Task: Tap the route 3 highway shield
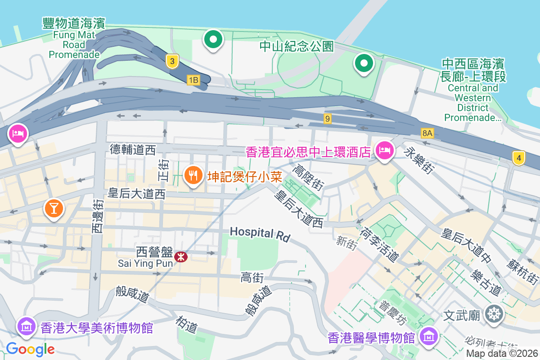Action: pos(171,62)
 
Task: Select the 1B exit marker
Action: pos(193,80)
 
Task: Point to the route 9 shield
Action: pos(328,119)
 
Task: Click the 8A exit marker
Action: pos(427,133)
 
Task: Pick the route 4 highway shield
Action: pos(519,158)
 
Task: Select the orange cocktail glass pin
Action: pos(54,208)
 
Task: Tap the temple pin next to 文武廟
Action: pos(494,314)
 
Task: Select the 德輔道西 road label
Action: pos(132,149)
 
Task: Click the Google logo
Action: pos(30,349)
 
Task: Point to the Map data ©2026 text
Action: pos(502,354)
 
